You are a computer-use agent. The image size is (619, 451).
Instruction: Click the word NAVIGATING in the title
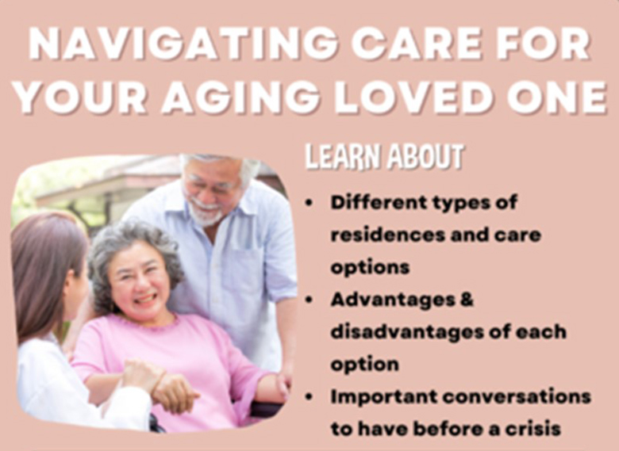[x=183, y=44]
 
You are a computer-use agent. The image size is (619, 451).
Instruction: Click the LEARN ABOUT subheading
[x=384, y=157]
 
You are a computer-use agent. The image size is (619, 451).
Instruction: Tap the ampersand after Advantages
[x=467, y=300]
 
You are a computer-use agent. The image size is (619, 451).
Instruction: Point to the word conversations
[x=517, y=397]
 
